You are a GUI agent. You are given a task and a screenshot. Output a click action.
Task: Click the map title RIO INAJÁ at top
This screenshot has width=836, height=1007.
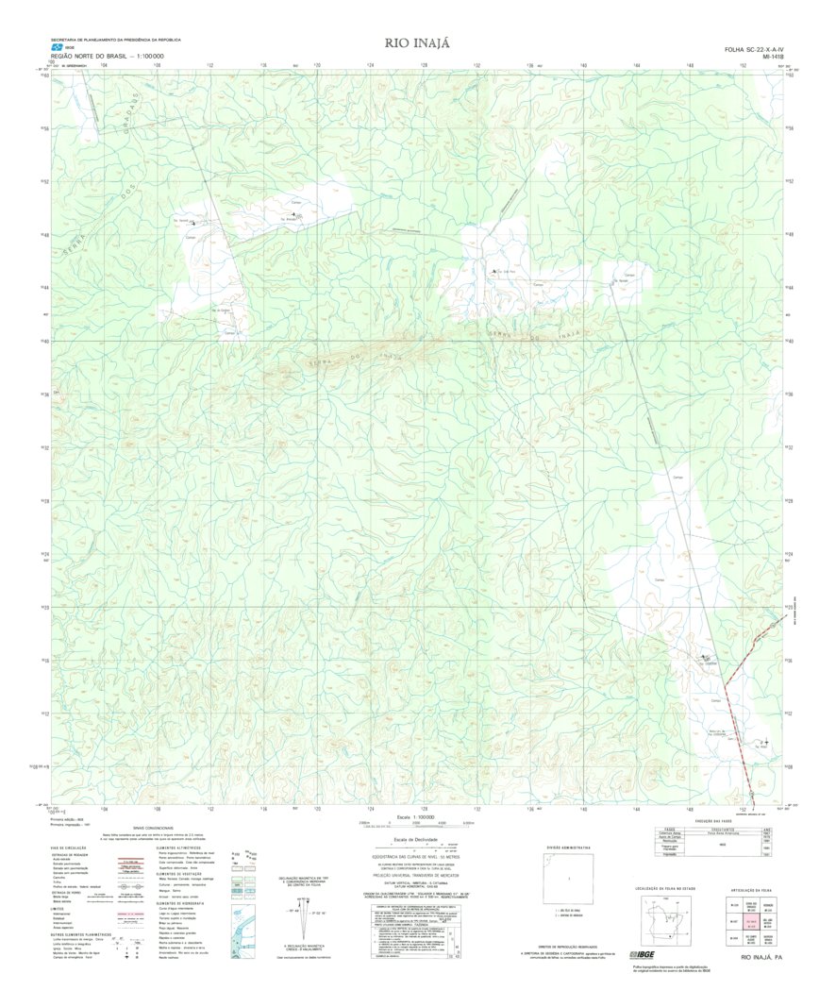tap(418, 43)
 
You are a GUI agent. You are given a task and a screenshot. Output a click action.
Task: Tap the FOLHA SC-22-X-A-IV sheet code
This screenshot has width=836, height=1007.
tap(754, 49)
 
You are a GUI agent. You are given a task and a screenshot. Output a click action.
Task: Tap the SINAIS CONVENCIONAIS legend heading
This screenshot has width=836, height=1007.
tap(154, 828)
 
